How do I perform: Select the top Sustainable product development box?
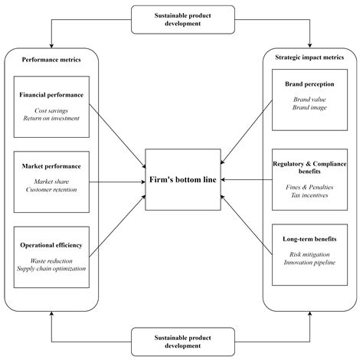(181, 19)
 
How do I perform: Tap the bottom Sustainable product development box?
(181, 341)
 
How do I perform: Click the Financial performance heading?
(51, 95)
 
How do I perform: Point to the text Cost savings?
(51, 111)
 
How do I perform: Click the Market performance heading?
(51, 167)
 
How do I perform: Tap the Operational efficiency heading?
(51, 246)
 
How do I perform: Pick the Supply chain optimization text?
(51, 268)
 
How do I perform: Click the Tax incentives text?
(309, 195)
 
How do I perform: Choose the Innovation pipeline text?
(309, 263)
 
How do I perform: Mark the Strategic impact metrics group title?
(309, 57)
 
